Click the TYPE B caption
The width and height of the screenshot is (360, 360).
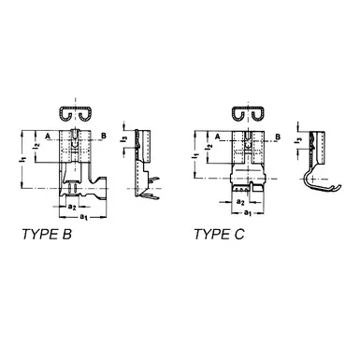(x=47, y=235)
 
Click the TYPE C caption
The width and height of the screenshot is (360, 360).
(x=219, y=235)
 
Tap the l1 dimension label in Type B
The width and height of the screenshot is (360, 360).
(x=22, y=159)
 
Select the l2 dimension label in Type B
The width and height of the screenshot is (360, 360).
(x=36, y=146)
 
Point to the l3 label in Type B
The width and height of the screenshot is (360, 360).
(x=124, y=140)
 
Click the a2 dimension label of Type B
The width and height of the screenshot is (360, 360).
(x=72, y=207)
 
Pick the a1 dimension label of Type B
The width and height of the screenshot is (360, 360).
(x=84, y=217)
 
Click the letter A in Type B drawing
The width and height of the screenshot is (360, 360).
(x=48, y=136)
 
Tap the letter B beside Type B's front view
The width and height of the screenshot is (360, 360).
(x=104, y=136)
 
